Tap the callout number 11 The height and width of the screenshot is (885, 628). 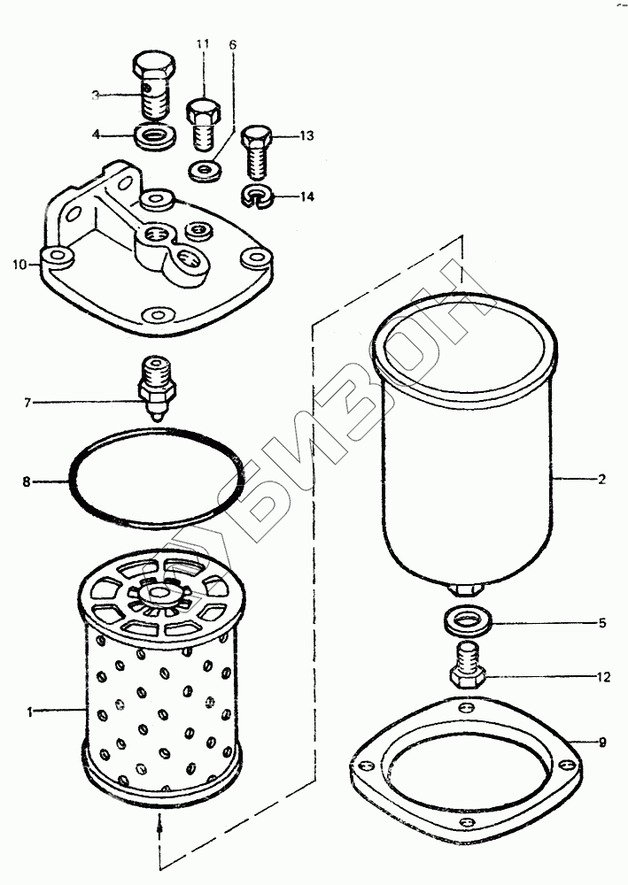[203, 43]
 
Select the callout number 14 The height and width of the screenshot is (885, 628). [306, 196]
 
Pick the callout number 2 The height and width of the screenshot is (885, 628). [601, 480]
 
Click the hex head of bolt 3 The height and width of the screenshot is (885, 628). [152, 65]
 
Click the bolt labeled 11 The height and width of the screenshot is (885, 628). [202, 124]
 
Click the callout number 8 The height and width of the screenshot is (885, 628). [27, 482]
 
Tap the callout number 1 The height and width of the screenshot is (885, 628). [29, 711]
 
